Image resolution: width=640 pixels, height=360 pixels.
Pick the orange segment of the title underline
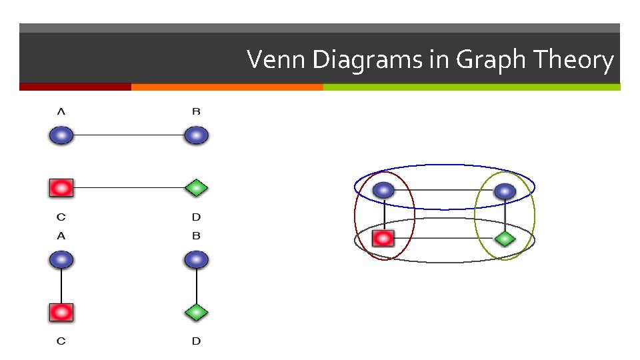click(x=227, y=87)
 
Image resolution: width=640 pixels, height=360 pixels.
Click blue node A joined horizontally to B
click(x=61, y=135)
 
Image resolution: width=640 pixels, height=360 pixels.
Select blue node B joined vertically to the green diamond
click(x=196, y=259)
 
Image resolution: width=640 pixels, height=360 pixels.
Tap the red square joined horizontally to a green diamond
click(x=61, y=189)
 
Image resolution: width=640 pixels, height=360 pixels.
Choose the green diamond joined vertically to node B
click(x=196, y=312)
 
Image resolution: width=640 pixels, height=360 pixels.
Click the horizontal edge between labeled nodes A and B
click(x=129, y=135)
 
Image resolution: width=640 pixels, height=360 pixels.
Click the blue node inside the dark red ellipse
click(x=383, y=191)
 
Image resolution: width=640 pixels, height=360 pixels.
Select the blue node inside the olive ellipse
click(x=505, y=191)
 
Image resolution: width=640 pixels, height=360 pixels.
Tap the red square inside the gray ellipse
click(x=383, y=238)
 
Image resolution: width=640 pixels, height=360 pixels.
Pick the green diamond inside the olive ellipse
click(x=505, y=238)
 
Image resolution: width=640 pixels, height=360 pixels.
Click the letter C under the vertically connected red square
click(x=61, y=341)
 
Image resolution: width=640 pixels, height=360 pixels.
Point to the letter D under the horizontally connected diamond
click(x=196, y=217)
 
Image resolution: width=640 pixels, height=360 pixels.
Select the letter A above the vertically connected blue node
click(x=61, y=236)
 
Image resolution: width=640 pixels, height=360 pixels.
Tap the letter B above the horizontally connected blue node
click(x=196, y=111)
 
